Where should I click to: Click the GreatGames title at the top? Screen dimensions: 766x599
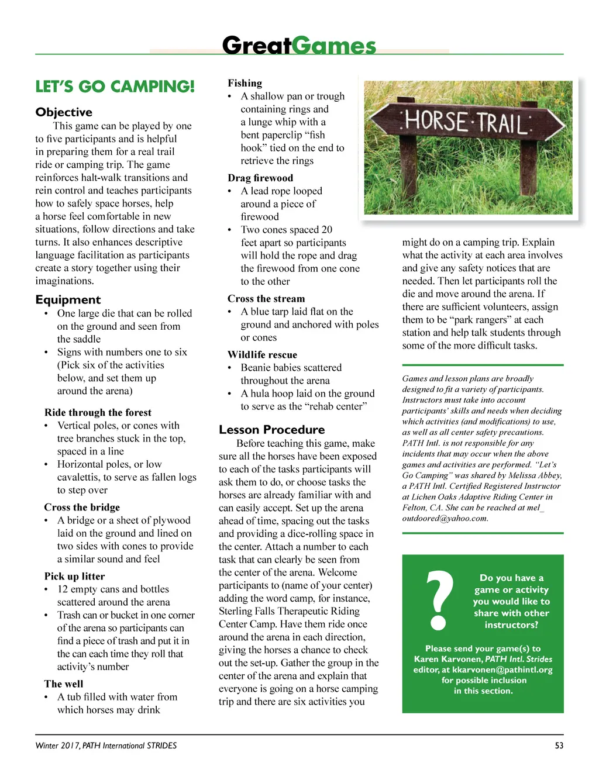[299, 45]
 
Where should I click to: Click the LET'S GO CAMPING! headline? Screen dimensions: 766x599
[115, 87]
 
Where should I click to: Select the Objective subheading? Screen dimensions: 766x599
[64, 112]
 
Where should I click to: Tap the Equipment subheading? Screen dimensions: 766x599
[68, 300]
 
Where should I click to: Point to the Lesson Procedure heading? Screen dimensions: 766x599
[271, 430]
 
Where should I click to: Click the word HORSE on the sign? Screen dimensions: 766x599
[435, 121]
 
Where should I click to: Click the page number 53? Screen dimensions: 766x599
[559, 746]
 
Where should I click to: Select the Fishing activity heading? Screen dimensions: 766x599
[245, 83]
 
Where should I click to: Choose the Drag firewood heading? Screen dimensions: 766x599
[260, 178]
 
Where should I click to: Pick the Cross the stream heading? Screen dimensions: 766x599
[266, 299]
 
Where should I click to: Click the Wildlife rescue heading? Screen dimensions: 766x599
[262, 355]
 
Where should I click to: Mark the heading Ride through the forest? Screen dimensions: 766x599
[98, 413]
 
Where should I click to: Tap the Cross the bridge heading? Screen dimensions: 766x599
[82, 508]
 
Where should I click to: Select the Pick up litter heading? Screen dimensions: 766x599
[74, 577]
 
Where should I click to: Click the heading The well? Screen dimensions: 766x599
[64, 684]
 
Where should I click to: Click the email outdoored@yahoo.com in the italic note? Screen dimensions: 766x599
[445, 518]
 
